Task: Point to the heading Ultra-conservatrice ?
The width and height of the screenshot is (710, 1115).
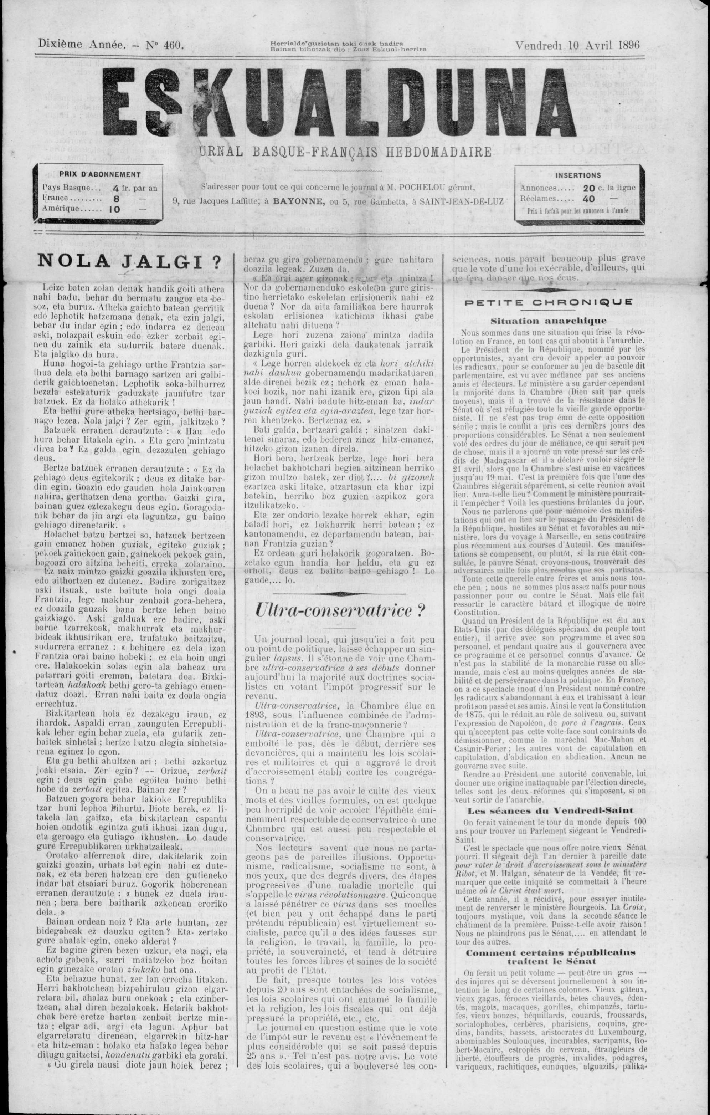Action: coord(340,610)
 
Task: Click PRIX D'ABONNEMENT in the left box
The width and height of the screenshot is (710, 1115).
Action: coord(100,175)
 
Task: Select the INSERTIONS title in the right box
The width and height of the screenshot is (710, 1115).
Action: coord(578,175)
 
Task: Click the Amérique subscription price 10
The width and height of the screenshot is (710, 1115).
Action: coord(115,209)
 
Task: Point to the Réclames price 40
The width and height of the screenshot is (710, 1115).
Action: coord(589,199)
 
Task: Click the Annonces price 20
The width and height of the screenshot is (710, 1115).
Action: coord(589,188)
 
